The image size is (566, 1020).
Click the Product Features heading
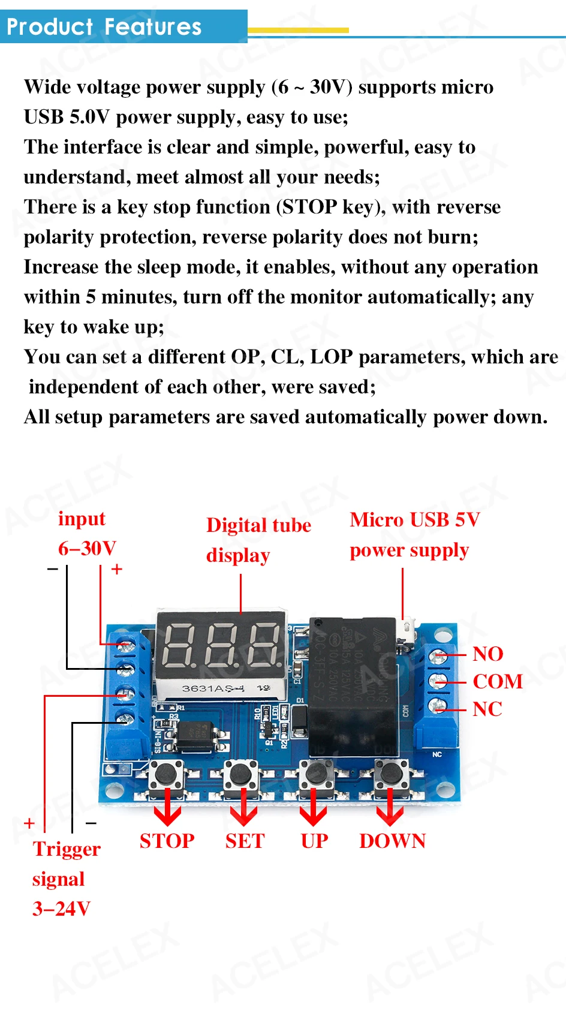point(104,27)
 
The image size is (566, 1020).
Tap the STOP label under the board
point(167,841)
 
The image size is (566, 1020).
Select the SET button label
point(245,841)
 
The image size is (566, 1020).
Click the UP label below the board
point(314,841)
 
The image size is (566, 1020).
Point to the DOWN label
point(392,841)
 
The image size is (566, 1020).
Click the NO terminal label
point(487,654)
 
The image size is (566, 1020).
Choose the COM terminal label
point(498,681)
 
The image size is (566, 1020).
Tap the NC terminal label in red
point(487,709)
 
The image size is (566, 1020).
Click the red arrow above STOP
point(167,807)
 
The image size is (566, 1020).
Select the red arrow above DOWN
point(390,807)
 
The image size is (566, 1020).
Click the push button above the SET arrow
point(241,774)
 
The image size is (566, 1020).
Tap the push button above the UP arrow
point(316,774)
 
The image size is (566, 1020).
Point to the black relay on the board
point(353,684)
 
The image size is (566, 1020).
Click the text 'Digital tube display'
point(258,540)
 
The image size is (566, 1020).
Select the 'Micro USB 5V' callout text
point(414,519)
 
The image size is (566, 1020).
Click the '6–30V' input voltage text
point(87,548)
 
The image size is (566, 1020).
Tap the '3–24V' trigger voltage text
point(61,908)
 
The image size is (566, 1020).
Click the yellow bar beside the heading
point(298,30)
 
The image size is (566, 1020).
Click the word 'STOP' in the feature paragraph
point(309,207)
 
